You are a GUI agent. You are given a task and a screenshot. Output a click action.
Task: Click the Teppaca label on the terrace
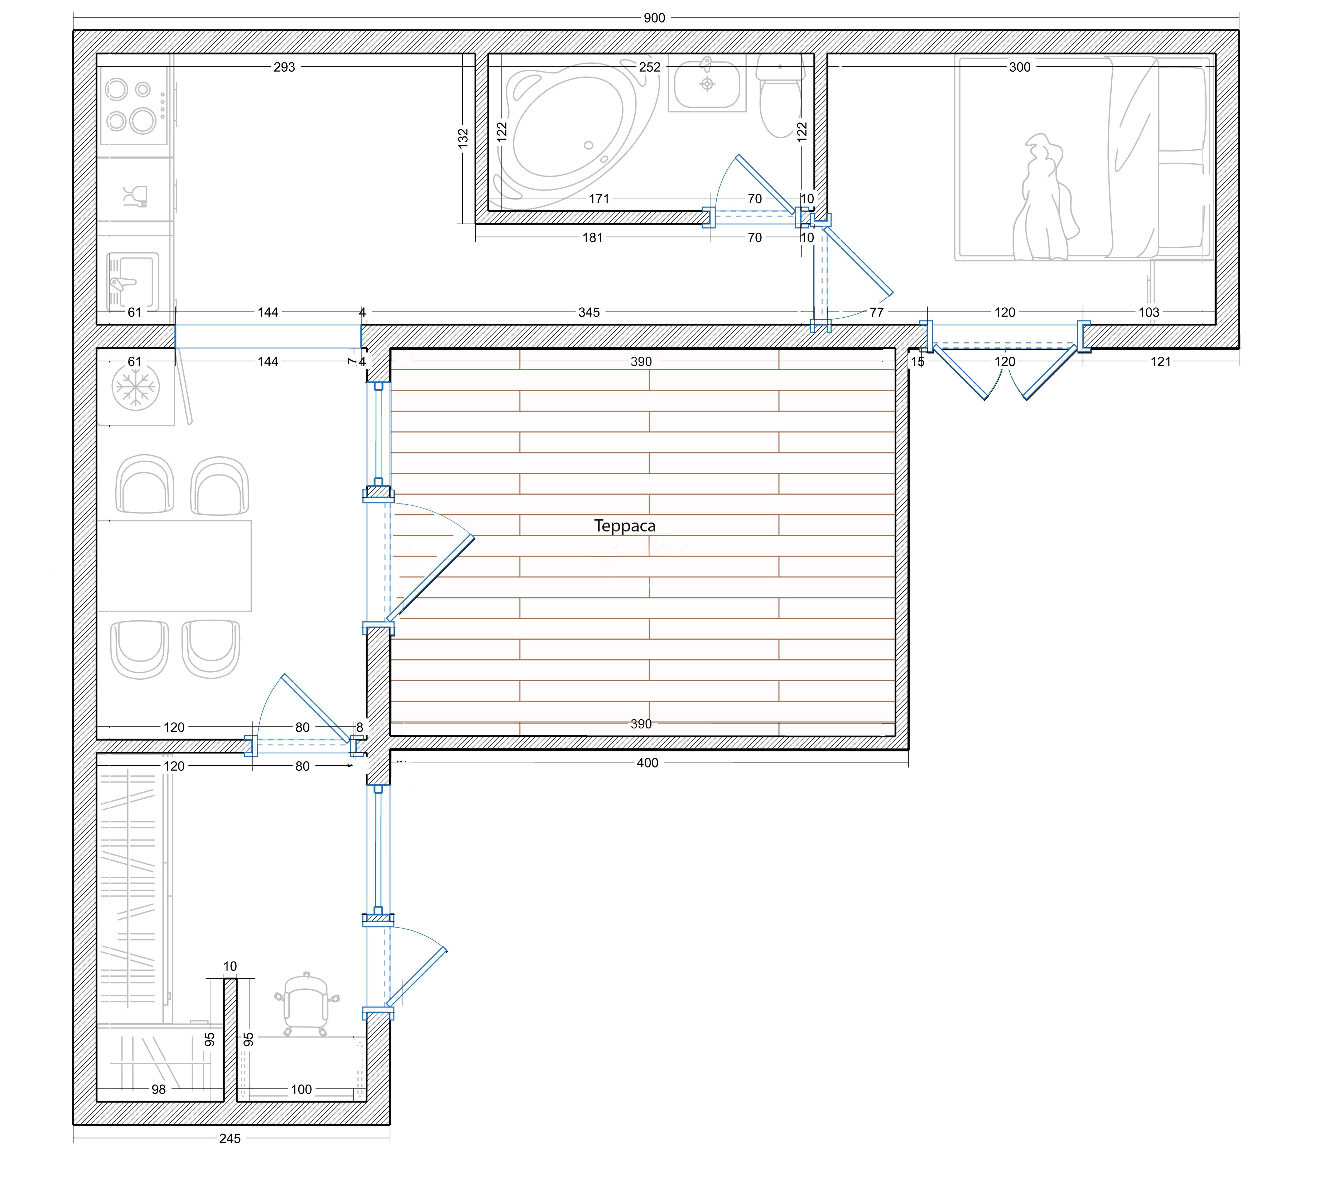(x=625, y=526)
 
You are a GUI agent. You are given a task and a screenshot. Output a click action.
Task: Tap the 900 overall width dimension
(x=654, y=18)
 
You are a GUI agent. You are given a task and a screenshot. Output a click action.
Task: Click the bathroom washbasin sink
(x=707, y=84)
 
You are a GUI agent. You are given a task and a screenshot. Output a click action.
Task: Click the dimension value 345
(x=589, y=312)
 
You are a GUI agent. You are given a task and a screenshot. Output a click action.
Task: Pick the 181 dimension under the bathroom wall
(x=593, y=238)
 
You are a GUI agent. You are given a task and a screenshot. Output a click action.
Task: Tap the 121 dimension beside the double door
(x=1161, y=361)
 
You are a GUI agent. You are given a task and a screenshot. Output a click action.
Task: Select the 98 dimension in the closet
(x=159, y=1089)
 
